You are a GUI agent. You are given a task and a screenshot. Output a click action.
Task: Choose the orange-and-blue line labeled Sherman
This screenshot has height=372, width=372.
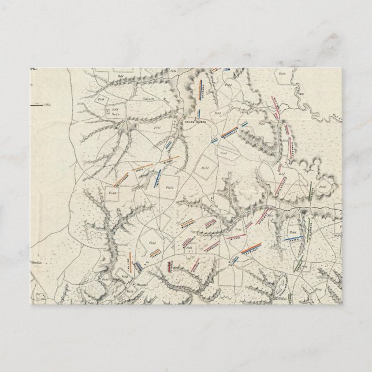(202, 89)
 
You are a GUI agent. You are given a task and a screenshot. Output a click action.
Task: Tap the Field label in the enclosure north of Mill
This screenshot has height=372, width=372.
(282, 73)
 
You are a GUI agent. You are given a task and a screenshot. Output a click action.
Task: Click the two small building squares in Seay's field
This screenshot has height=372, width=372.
(106, 108)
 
